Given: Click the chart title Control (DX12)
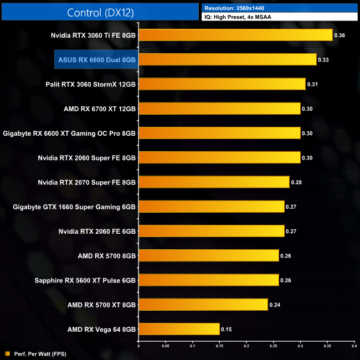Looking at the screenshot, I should pos(100,12).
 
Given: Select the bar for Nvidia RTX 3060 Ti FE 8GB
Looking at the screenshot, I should pos(235,35).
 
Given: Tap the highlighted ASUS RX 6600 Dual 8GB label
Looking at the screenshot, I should pos(96,60).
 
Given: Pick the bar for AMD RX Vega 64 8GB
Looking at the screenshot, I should pos(179,329).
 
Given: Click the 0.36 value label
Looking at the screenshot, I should pos(341,35).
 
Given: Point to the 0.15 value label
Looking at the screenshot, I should pos(227,329).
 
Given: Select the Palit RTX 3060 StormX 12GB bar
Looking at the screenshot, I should pos(222,84).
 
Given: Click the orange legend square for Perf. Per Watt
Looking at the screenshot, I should pos(7,353).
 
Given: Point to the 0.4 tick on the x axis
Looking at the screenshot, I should pos(354,347).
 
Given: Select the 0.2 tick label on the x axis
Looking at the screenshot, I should pos(246,347).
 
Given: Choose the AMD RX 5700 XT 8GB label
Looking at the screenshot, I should pos(101,305).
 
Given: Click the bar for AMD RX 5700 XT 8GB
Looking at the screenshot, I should pos(203,305).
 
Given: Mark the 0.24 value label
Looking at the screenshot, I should pos(275,305).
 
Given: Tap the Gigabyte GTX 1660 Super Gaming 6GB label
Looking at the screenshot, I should pos(74,207).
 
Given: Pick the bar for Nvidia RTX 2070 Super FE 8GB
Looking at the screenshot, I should pos(214,182).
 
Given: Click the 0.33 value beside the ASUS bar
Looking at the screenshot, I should pos(324,60).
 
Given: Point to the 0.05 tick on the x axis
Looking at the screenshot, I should pos(165,347).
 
